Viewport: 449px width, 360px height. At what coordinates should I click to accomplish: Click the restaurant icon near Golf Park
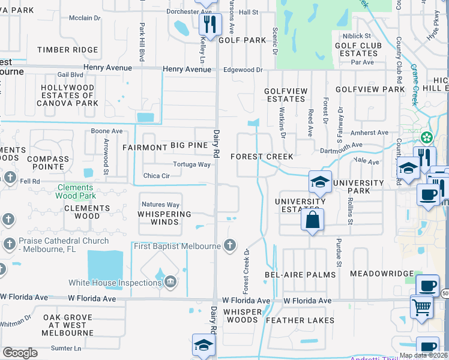click(x=210, y=24)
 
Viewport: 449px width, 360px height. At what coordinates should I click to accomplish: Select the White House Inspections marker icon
click(x=171, y=282)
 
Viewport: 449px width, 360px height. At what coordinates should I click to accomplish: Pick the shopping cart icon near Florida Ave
click(x=421, y=307)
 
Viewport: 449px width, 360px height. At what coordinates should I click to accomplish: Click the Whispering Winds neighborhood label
click(x=164, y=218)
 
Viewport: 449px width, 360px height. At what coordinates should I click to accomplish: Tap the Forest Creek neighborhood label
click(x=262, y=157)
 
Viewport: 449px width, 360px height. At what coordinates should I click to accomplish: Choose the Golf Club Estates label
click(x=356, y=49)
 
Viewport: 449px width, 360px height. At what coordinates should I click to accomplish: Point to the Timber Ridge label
click(x=67, y=50)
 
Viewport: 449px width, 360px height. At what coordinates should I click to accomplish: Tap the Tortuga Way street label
click(x=191, y=164)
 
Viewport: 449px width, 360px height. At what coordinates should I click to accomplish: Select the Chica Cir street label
click(x=157, y=176)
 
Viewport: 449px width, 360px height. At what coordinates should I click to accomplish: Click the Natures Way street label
click(x=160, y=205)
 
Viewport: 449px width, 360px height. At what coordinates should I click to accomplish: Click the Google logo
click(x=20, y=352)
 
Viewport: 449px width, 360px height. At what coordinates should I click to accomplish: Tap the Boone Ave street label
click(x=106, y=131)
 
